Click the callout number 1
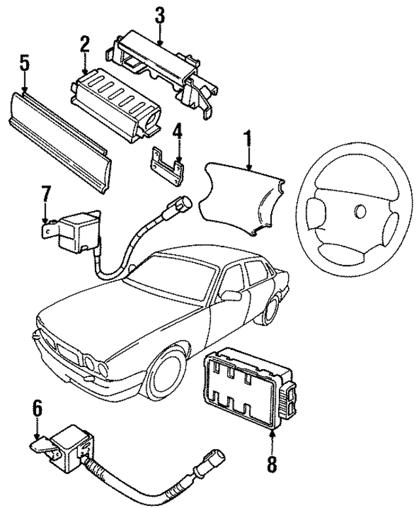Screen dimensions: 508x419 coord(248,138)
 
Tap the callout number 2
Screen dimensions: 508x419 coord(84,45)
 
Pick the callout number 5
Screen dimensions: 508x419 coord(25,64)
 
